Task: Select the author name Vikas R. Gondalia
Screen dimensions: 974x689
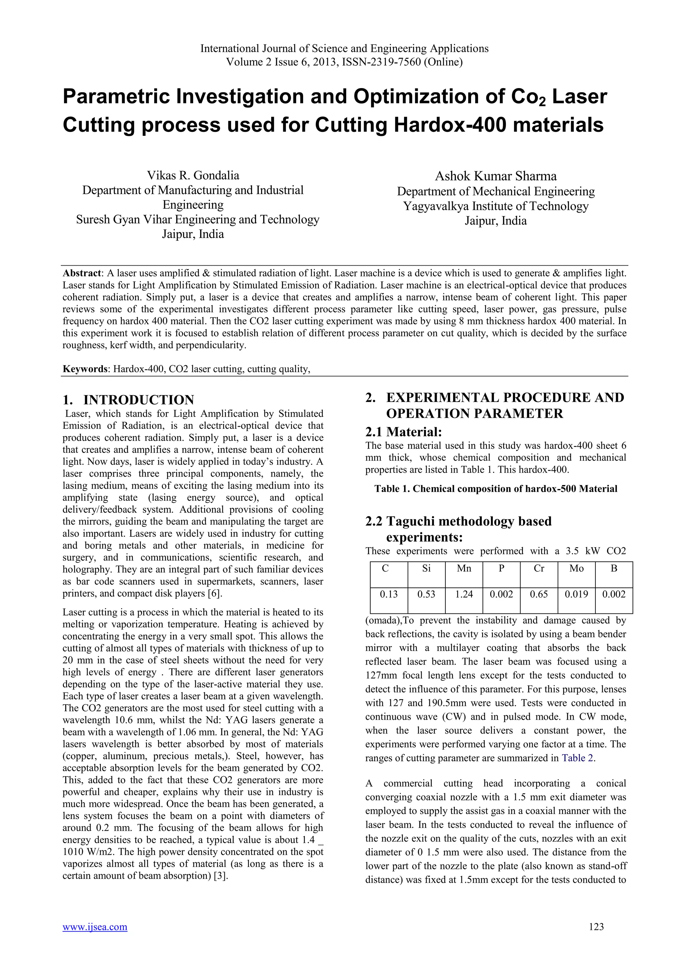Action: click(x=193, y=175)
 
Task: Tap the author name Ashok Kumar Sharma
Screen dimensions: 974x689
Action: click(x=496, y=176)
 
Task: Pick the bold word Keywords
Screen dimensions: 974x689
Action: click(x=84, y=369)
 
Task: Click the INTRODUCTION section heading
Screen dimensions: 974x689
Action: click(x=138, y=400)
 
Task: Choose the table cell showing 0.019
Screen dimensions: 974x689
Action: click(x=576, y=594)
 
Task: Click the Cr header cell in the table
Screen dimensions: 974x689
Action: click(x=539, y=568)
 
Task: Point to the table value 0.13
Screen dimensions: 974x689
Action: click(x=389, y=594)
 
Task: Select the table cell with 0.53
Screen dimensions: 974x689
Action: click(x=426, y=594)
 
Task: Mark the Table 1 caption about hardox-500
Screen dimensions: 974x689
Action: click(x=496, y=489)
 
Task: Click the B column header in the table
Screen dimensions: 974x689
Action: click(x=614, y=568)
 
